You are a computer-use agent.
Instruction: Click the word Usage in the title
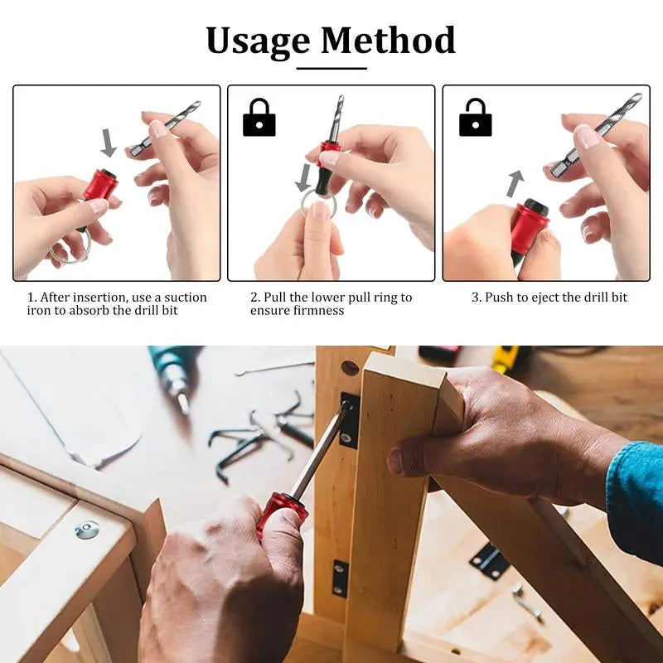[x=259, y=41]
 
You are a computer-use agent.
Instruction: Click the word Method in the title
[x=388, y=41]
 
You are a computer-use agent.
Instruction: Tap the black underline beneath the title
[x=331, y=68]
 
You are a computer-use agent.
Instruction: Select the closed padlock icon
[x=259, y=119]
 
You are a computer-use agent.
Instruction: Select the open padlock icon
[x=475, y=118]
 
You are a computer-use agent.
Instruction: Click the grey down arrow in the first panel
[x=109, y=143]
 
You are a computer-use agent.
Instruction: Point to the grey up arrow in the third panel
[x=515, y=182]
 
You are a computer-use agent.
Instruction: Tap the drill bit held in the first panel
[x=167, y=128]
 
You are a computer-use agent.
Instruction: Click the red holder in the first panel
[x=100, y=185]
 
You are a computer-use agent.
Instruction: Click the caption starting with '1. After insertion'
[x=117, y=303]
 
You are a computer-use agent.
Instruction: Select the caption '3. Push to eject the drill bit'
[x=549, y=298]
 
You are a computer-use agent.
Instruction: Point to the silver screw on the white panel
[x=87, y=530]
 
